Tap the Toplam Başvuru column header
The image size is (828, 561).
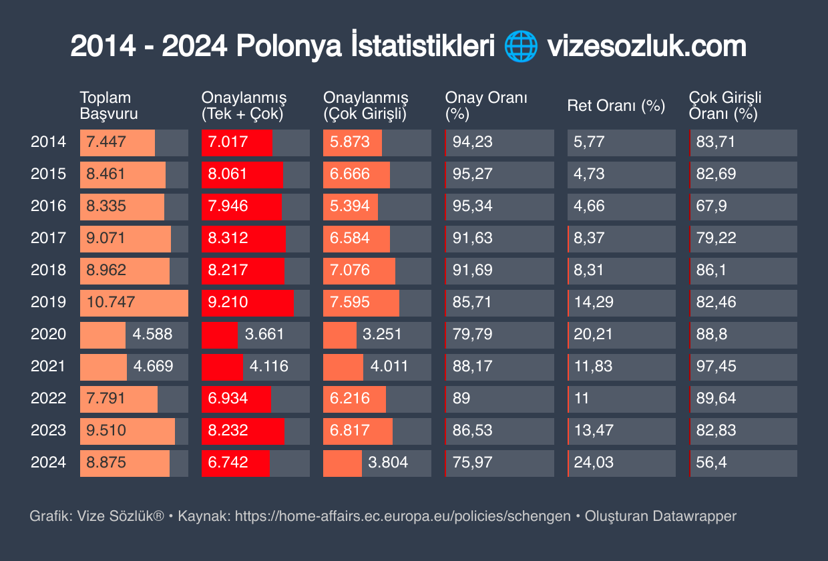[109, 106]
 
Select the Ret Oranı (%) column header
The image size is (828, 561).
[616, 106]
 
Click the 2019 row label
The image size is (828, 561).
[48, 302]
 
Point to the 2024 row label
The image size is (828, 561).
[48, 462]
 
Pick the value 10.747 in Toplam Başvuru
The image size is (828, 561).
[111, 302]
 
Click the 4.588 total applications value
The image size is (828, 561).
[152, 334]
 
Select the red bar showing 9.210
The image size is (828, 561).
[247, 303]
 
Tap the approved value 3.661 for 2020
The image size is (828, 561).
[266, 334]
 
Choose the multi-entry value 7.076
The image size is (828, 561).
[349, 270]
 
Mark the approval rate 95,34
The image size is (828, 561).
[472, 206]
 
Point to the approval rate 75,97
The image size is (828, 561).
[472, 462]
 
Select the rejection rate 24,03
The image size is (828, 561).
[594, 462]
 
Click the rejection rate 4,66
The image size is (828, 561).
[589, 206]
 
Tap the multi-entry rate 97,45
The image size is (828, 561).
[716, 366]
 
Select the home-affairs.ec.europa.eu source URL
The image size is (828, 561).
[403, 516]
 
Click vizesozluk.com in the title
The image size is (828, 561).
[646, 47]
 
